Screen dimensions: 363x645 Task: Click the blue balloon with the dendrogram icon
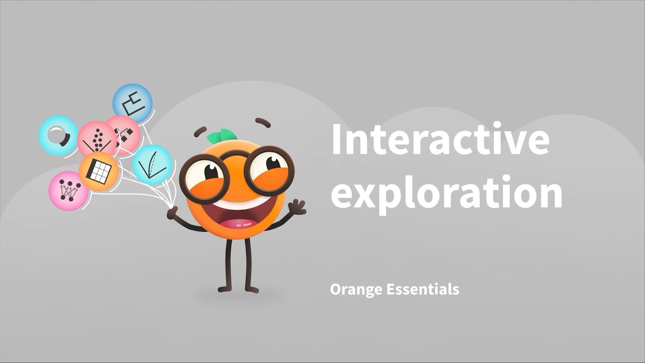(133, 103)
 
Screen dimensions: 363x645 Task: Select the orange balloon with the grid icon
(99, 171)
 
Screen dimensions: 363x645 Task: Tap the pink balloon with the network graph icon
(68, 190)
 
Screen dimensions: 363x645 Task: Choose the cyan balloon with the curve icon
(153, 165)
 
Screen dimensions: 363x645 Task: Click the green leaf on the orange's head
(222, 135)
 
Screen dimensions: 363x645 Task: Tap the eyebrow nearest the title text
(263, 122)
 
